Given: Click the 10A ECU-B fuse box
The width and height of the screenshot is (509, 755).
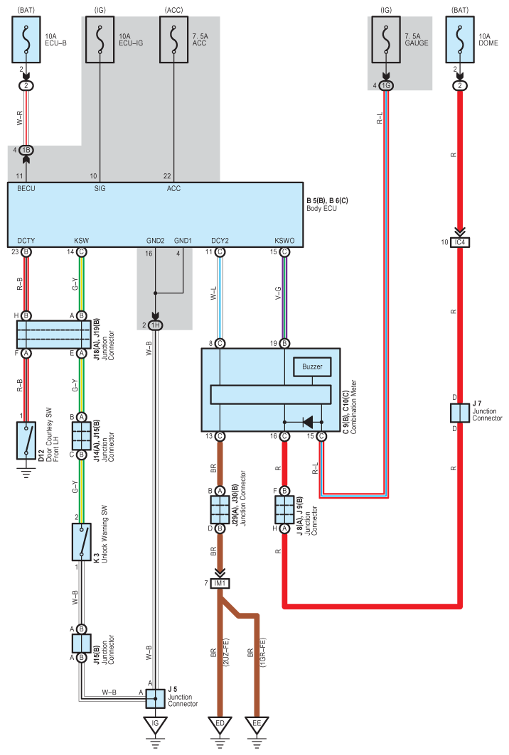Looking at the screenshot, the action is tap(26, 40).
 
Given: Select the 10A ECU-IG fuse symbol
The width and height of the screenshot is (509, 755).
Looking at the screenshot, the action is tap(100, 40).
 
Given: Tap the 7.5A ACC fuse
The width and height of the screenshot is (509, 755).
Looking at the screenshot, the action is tap(173, 40).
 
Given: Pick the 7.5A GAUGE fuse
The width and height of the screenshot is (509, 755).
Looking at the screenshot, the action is tap(385, 40).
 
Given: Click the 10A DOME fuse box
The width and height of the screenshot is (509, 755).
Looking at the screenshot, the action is tap(460, 40).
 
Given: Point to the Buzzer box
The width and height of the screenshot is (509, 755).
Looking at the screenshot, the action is tap(312, 367).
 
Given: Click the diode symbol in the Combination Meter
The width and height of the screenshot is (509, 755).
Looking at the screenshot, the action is tap(307, 423).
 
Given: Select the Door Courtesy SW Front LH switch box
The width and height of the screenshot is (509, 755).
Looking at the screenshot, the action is tap(26, 440).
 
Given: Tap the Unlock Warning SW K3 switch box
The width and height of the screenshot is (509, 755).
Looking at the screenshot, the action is tap(82, 542).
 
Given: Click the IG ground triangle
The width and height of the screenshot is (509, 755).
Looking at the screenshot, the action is tap(155, 725).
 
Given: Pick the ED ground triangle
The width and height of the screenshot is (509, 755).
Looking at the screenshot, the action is tap(220, 725).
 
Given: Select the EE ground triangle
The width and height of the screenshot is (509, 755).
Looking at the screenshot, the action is tap(257, 725).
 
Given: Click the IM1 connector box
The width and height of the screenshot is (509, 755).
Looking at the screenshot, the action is tap(220, 583).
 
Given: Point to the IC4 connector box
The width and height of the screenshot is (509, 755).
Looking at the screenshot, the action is tap(460, 242).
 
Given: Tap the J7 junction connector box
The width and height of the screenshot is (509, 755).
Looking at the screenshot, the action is tap(460, 413).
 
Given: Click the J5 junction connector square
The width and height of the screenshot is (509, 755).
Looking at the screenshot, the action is tap(155, 698).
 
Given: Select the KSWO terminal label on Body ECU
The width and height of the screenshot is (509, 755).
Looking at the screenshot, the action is tap(284, 241).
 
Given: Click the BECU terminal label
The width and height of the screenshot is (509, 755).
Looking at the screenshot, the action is tap(26, 189).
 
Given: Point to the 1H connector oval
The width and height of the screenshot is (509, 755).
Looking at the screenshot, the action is tap(155, 325).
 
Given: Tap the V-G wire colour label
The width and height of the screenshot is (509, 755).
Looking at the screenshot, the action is tap(278, 293).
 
